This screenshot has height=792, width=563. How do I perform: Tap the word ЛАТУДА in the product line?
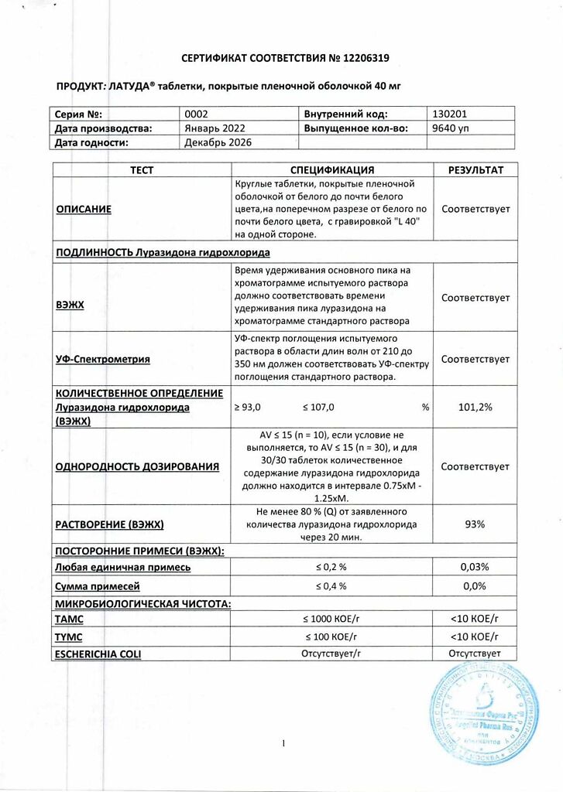point(130,86)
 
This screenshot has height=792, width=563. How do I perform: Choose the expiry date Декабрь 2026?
point(219,142)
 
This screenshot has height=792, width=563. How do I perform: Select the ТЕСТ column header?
point(142,170)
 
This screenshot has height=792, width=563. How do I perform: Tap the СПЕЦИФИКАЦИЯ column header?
point(332,170)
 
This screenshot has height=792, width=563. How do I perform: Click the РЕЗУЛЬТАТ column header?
point(475,170)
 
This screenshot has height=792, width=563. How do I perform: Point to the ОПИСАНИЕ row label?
point(84,209)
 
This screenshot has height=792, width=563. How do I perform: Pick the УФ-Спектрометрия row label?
point(103,359)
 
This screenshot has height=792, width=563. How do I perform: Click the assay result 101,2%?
point(475,406)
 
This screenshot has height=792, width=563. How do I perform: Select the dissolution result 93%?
point(475,524)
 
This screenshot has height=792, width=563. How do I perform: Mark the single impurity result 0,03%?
point(475,567)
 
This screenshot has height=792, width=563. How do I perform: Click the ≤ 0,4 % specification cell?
point(331,585)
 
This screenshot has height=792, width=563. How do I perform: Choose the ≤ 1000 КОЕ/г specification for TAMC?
point(331,620)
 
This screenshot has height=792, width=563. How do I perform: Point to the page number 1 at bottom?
point(283,744)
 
